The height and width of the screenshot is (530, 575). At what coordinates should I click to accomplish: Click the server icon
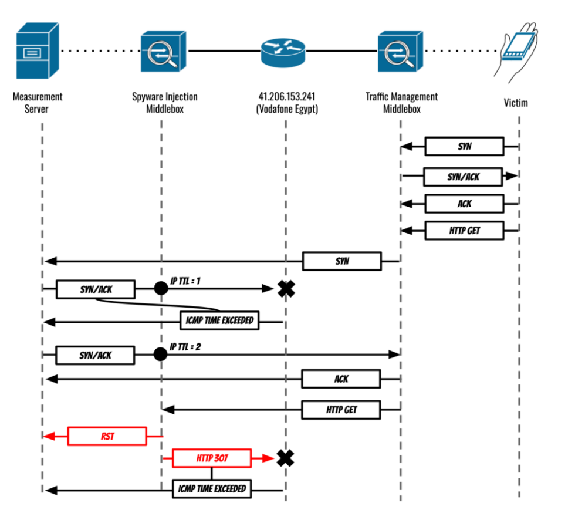tap(38, 51)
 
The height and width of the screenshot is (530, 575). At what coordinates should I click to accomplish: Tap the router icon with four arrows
tap(283, 53)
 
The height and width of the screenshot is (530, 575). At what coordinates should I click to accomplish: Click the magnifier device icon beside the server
tap(164, 52)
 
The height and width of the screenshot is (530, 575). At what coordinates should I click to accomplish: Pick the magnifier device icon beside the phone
tap(401, 52)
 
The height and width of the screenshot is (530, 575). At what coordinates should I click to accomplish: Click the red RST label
tap(107, 437)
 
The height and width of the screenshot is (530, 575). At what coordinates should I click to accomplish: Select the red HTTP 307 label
tap(212, 458)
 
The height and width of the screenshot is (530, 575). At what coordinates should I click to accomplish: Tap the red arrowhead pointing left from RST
tap(50, 437)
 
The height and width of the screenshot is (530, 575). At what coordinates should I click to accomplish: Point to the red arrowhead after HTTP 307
tap(268, 458)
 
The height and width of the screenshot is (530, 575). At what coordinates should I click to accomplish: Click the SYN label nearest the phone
tap(464, 146)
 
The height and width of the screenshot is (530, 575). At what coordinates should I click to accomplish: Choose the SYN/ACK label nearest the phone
tap(463, 177)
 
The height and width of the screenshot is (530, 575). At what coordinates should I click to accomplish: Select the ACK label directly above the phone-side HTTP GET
tap(464, 204)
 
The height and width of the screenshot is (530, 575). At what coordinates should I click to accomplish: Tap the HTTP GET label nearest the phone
tap(464, 231)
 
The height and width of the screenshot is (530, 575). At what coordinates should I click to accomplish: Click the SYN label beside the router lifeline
tap(341, 261)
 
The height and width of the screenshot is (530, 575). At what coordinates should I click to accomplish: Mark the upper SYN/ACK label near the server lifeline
tap(96, 289)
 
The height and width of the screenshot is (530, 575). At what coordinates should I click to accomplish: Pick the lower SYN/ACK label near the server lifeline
tap(95, 355)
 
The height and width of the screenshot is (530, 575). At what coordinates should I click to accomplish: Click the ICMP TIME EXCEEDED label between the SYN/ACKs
tap(219, 320)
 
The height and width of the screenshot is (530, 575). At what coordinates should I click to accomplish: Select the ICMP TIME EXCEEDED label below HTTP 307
tap(212, 489)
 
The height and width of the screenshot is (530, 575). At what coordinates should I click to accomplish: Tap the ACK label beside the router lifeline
tap(341, 379)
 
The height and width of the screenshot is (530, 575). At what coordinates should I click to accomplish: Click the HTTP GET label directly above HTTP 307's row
tap(341, 410)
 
